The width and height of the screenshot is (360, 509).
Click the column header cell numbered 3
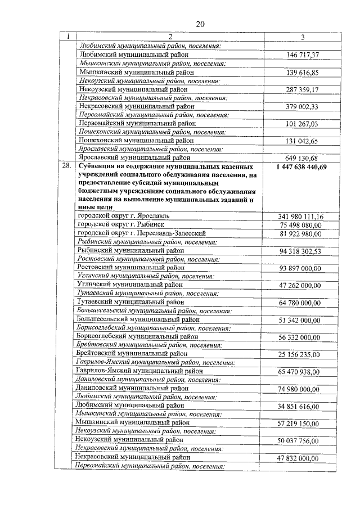[x=302, y=37]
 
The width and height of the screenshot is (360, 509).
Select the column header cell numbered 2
[x=169, y=37]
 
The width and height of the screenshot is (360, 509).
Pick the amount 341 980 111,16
[x=300, y=217]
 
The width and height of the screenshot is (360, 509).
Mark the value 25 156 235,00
[x=300, y=354]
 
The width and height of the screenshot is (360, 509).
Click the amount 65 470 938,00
[x=300, y=372]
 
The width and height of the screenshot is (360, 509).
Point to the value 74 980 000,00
[x=300, y=389]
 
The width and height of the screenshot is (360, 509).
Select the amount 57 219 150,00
[x=300, y=424]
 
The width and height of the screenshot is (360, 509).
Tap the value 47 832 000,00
[x=300, y=458]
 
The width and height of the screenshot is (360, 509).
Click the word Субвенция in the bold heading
[x=98, y=167]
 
